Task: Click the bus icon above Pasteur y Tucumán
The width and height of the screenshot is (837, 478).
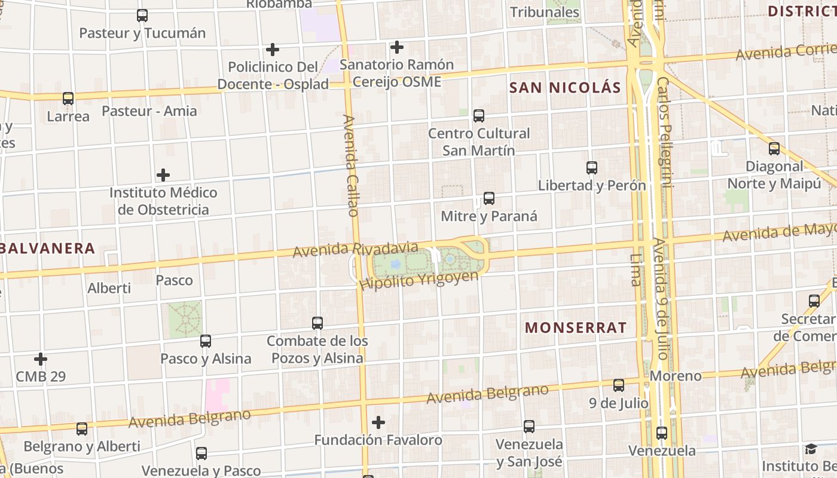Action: (x=142, y=16)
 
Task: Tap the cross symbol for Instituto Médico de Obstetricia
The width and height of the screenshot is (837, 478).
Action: (x=163, y=175)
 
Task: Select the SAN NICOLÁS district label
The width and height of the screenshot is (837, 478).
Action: (x=565, y=88)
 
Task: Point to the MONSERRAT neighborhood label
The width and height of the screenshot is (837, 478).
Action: (x=576, y=327)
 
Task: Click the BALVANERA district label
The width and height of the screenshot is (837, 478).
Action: (x=48, y=249)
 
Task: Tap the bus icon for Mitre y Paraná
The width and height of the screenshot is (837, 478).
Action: (x=489, y=198)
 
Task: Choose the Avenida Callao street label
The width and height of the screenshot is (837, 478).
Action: (x=351, y=166)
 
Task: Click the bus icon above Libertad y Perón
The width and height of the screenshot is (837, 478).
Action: (x=592, y=168)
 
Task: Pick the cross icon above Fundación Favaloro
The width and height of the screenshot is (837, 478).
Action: (x=378, y=422)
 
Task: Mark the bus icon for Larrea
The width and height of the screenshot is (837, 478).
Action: (x=68, y=99)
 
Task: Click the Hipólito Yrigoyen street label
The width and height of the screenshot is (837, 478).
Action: (x=419, y=280)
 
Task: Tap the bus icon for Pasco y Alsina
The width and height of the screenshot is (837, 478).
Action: (x=206, y=341)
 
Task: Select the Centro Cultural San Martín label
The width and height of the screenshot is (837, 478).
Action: (x=479, y=142)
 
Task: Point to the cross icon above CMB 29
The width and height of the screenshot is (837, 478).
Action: (x=41, y=359)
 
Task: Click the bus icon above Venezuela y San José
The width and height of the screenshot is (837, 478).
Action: (x=529, y=427)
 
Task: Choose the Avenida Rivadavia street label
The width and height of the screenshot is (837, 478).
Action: (x=355, y=249)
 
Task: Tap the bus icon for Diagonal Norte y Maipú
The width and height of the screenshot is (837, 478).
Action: (x=774, y=149)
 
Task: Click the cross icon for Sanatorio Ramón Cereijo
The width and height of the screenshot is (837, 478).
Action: (x=396, y=47)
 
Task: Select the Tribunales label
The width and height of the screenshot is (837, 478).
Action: (x=544, y=12)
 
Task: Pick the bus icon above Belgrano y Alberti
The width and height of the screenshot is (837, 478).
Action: (x=82, y=428)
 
